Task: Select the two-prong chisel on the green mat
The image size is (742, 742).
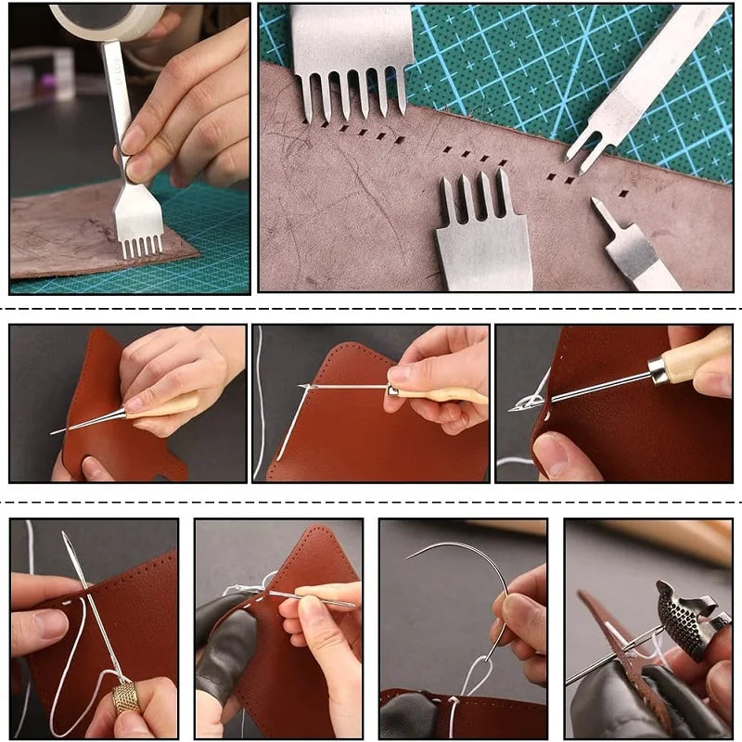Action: coord(640,83)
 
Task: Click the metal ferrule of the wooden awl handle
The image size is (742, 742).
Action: coord(659,371)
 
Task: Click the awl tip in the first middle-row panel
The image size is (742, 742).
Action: coord(65,429)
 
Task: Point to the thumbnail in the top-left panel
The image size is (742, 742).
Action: coord(134,138)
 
